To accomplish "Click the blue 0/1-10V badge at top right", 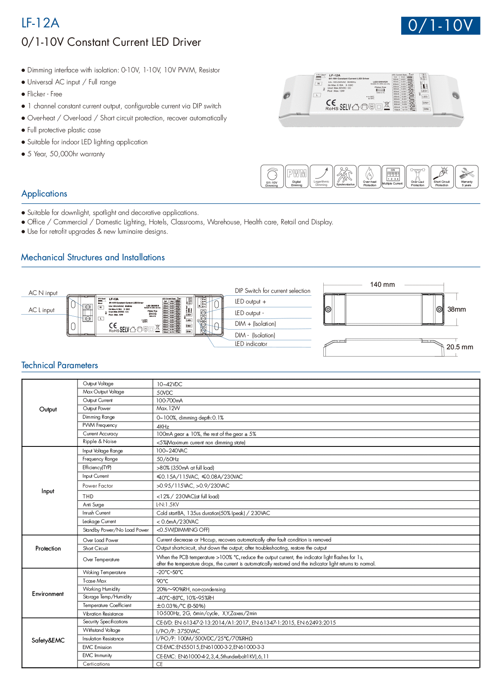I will (440, 26).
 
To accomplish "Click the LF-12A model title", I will (40, 23).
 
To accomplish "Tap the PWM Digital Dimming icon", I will (297, 176).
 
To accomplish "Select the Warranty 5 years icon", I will (466, 176).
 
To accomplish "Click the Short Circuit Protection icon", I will (442, 176).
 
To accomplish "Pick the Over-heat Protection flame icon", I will (370, 176).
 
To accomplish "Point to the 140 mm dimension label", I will (382, 285).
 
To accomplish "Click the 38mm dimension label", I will (456, 309).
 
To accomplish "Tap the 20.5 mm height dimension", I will (459, 347).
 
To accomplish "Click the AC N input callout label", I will (43, 293).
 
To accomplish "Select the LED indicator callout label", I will (251, 344).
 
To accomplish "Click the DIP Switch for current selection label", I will (272, 291).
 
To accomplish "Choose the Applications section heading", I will (44, 193).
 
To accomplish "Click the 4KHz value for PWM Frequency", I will (163, 426).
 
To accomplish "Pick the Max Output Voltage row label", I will (103, 392).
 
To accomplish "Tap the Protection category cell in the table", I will (48, 548).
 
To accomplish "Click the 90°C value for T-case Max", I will (162, 581).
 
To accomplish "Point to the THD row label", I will (88, 497).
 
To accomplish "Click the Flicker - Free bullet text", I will (45, 94).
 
